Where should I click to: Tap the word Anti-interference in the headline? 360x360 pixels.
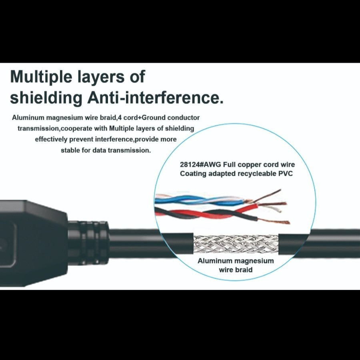(x=156, y=98)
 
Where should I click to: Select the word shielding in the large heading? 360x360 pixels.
(x=46, y=98)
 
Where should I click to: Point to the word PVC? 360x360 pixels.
(x=286, y=173)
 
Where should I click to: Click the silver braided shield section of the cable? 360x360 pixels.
(x=236, y=244)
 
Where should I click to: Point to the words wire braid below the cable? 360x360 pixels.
(x=236, y=270)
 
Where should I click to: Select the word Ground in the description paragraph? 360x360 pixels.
(x=154, y=118)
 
